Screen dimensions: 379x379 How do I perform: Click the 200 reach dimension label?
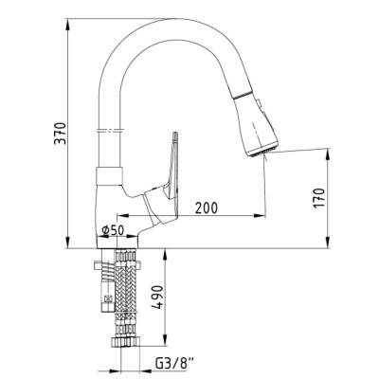pyautogui.click(x=207, y=208)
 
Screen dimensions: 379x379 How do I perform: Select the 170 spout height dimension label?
pyautogui.click(x=319, y=198)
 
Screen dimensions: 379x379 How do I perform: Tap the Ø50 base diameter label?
pyautogui.click(x=113, y=230)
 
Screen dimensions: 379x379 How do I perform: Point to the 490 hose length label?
pyautogui.click(x=158, y=297)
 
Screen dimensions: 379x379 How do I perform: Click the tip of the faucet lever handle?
pyautogui.click(x=175, y=135)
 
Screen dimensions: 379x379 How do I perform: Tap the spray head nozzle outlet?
pyautogui.click(x=262, y=152)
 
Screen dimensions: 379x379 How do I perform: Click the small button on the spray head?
pyautogui.click(x=260, y=103)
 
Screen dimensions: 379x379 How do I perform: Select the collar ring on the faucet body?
pyautogui.click(x=109, y=175)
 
